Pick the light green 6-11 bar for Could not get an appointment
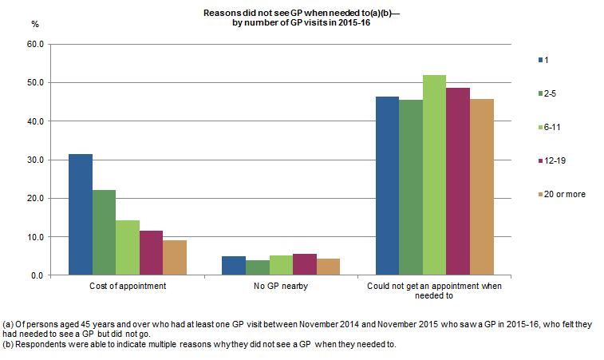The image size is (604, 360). point(434,175)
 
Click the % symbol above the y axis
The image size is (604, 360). point(34,24)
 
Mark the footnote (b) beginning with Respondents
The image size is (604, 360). point(199,345)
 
